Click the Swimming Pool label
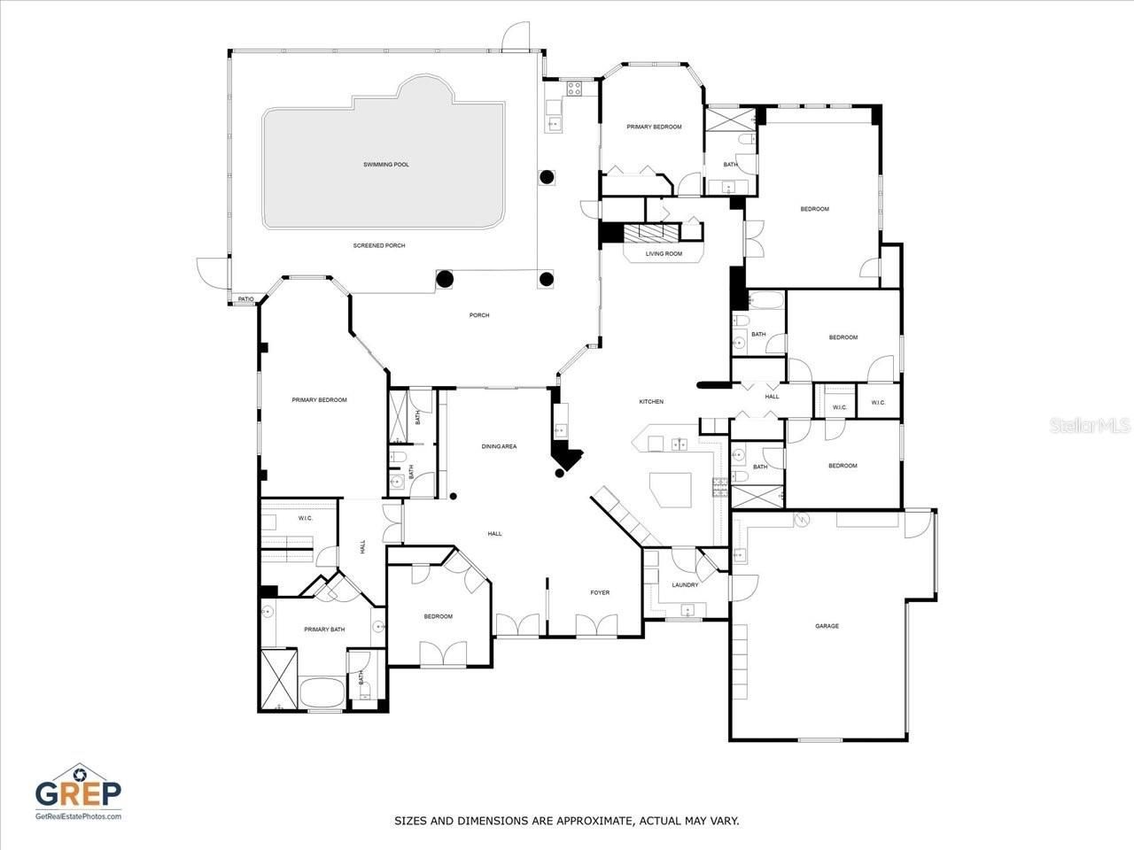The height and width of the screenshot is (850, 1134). click(386, 165)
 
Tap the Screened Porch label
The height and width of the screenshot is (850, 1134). click(378, 245)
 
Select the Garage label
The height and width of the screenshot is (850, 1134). click(827, 626)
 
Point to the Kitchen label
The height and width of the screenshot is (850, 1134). click(651, 402)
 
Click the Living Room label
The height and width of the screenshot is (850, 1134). click(664, 254)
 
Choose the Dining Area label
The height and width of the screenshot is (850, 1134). click(499, 446)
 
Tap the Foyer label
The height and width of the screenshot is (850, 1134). click(600, 592)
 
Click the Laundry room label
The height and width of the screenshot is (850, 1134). click(685, 584)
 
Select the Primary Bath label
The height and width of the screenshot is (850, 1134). click(324, 630)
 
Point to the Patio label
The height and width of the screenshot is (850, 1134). click(245, 300)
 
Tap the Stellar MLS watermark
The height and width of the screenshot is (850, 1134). click(1090, 426)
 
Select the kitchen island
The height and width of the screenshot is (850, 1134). click(672, 489)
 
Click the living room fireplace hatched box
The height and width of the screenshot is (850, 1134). click(651, 233)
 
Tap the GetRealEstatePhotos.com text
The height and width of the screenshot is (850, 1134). click(78, 815)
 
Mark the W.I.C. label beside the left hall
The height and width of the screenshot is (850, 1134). click(305, 518)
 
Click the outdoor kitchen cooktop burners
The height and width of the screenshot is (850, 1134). click(574, 88)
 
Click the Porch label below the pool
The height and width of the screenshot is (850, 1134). click(478, 315)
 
